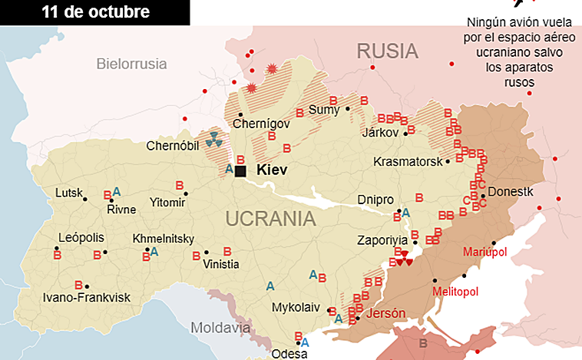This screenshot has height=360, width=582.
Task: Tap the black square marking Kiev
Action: tap(240, 171)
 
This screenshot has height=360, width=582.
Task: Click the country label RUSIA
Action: tap(387, 52)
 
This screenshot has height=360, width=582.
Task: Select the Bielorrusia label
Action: tap(131, 64)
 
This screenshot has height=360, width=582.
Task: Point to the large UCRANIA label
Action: tap(270, 219)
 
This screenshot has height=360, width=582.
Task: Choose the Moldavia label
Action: tap(220, 328)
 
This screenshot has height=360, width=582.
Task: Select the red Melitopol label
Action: tap(455, 292)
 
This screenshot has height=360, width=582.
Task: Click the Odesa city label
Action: tap(289, 354)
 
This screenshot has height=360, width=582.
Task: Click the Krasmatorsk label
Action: tap(408, 162)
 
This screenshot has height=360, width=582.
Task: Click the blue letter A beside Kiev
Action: tap(228, 169)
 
